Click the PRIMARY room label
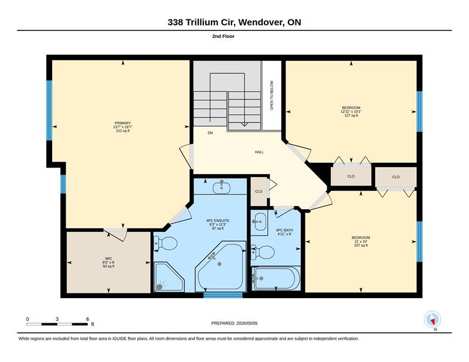click(123, 123)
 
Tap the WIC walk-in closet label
click(108, 258)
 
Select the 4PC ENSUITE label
click(217, 221)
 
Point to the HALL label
click(259, 152)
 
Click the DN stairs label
click(210, 133)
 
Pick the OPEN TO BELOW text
click(271, 95)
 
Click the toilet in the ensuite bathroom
click(165, 244)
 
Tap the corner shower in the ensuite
click(169, 277)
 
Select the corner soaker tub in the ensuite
click(221, 266)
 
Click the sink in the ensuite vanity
click(222, 187)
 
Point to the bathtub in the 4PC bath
click(276, 278)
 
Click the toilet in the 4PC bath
click(263, 252)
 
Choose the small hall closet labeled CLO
click(259, 192)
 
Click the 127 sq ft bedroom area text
click(351, 115)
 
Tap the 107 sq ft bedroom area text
click(361, 245)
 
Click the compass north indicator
click(433, 319)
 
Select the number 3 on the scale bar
click(57, 319)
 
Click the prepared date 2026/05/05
click(247, 323)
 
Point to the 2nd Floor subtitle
click(223, 36)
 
